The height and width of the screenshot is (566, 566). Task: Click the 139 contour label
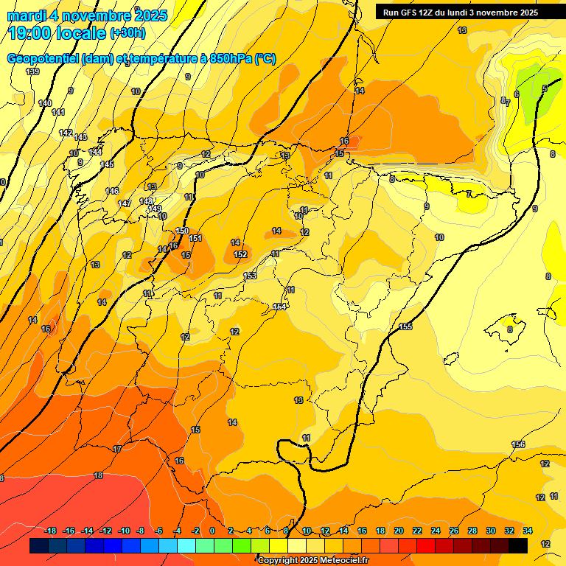pyautogui.click(x=32, y=71)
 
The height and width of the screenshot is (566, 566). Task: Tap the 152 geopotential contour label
pyautogui.click(x=240, y=254)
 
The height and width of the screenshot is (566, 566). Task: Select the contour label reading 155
pyautogui.click(x=405, y=326)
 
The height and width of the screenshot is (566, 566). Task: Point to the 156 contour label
pyautogui.click(x=518, y=444)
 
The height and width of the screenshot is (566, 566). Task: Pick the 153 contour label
pyautogui.click(x=250, y=276)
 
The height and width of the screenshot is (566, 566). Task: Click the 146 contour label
pyautogui.click(x=112, y=191)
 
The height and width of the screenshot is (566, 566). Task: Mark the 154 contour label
pyautogui.click(x=279, y=307)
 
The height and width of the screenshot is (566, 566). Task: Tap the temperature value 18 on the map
pyautogui.click(x=98, y=475)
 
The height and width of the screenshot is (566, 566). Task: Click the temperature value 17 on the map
pyautogui.click(x=117, y=449)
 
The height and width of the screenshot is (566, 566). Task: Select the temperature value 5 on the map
pyautogui.click(x=545, y=89)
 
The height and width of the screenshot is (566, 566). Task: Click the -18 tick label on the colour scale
pyautogui.click(x=50, y=531)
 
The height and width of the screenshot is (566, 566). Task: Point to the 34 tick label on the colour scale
pyautogui.click(x=527, y=531)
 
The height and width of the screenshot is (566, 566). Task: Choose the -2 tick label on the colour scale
pyautogui.click(x=195, y=531)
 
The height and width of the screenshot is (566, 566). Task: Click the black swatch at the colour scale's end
pyautogui.click(x=518, y=545)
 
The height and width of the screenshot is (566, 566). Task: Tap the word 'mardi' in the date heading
pyautogui.click(x=27, y=15)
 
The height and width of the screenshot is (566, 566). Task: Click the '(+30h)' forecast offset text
pyautogui.click(x=127, y=33)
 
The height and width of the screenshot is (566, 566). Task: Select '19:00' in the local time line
pyautogui.click(x=30, y=33)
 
